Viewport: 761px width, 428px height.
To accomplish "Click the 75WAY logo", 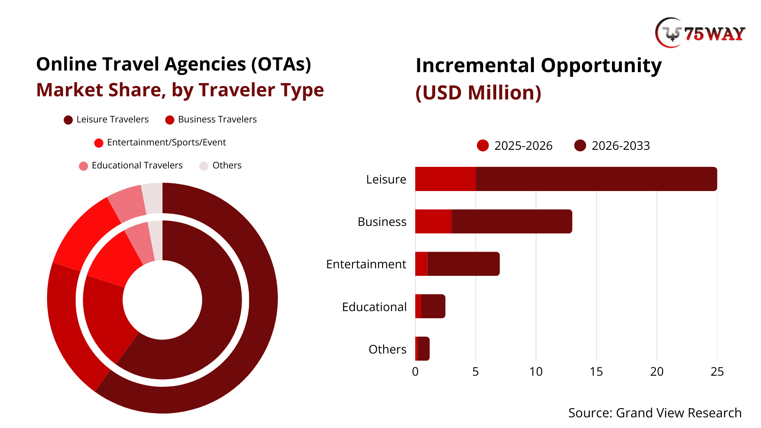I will (x=700, y=33).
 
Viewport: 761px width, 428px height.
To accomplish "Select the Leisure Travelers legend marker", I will (x=68, y=120).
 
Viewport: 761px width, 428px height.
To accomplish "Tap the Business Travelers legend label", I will (x=217, y=120).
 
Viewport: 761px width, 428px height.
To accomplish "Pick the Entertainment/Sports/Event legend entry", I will (x=160, y=143).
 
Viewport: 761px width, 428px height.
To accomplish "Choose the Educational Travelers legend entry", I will (x=131, y=166).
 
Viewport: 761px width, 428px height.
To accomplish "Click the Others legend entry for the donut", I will (x=220, y=166).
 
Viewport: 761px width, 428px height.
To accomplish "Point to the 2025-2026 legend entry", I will (x=514, y=146).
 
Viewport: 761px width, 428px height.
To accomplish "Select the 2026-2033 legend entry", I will (x=612, y=146).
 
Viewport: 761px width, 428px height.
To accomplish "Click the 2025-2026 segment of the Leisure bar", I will (x=445, y=179).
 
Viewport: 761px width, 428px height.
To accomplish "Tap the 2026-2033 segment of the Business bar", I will (x=511, y=222).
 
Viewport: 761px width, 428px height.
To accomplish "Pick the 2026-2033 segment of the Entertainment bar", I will (x=463, y=264).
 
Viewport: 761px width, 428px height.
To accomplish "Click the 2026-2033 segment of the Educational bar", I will (x=433, y=306).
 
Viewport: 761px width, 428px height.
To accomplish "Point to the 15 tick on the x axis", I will (x=596, y=372).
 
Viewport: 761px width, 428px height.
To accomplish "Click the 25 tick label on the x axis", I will (x=717, y=372).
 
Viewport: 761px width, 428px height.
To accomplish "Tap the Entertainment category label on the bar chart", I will (x=366, y=264).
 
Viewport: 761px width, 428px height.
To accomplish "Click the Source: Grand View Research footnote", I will (x=655, y=413).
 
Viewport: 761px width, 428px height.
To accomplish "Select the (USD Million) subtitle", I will (x=478, y=93).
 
